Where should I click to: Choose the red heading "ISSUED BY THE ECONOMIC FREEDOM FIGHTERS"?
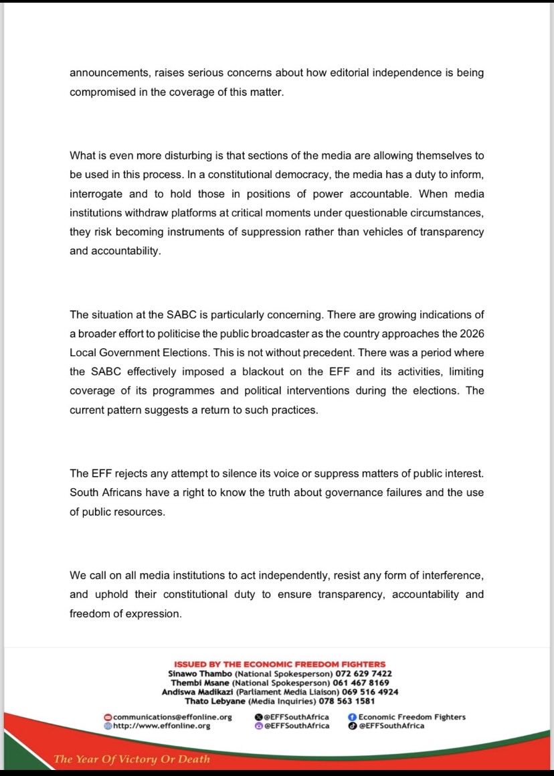click(280, 664)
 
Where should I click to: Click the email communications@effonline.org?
click(172, 717)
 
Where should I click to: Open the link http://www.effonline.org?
click(161, 726)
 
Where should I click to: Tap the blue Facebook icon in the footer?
click(353, 717)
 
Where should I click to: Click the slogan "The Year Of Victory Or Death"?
click(132, 759)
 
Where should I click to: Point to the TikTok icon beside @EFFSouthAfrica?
click(353, 726)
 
